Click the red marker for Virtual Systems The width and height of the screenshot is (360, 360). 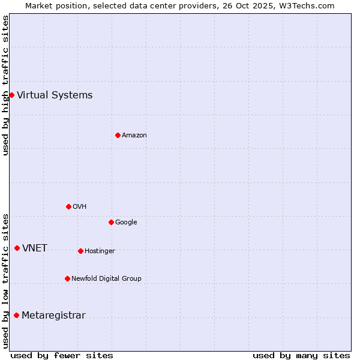coord(11,95)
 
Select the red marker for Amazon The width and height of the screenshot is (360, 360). coord(118,135)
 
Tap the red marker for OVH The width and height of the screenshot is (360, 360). coord(68,206)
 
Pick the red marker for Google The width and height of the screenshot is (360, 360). coord(111,222)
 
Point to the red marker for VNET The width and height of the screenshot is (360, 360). coord(17,248)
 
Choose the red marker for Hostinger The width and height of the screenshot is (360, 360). coord(80,251)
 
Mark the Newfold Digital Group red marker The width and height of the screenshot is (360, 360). coord(67,278)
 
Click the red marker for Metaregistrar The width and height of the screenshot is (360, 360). coord(16,315)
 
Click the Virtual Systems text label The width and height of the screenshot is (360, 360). coord(55,95)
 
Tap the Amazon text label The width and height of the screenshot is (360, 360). coord(134,135)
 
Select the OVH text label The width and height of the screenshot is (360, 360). coord(80,206)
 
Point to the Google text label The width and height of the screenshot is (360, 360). coord(126,222)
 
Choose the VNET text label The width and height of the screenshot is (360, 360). coord(35,248)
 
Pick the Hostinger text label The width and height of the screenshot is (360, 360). coord(100,251)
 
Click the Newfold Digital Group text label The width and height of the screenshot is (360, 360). coord(106,278)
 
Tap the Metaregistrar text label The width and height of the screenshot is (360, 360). coord(53,315)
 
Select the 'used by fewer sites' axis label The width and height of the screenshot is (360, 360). coord(62,355)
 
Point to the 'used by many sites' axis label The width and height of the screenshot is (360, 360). coord(301,355)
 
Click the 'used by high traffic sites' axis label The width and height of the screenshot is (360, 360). coord(6,85)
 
